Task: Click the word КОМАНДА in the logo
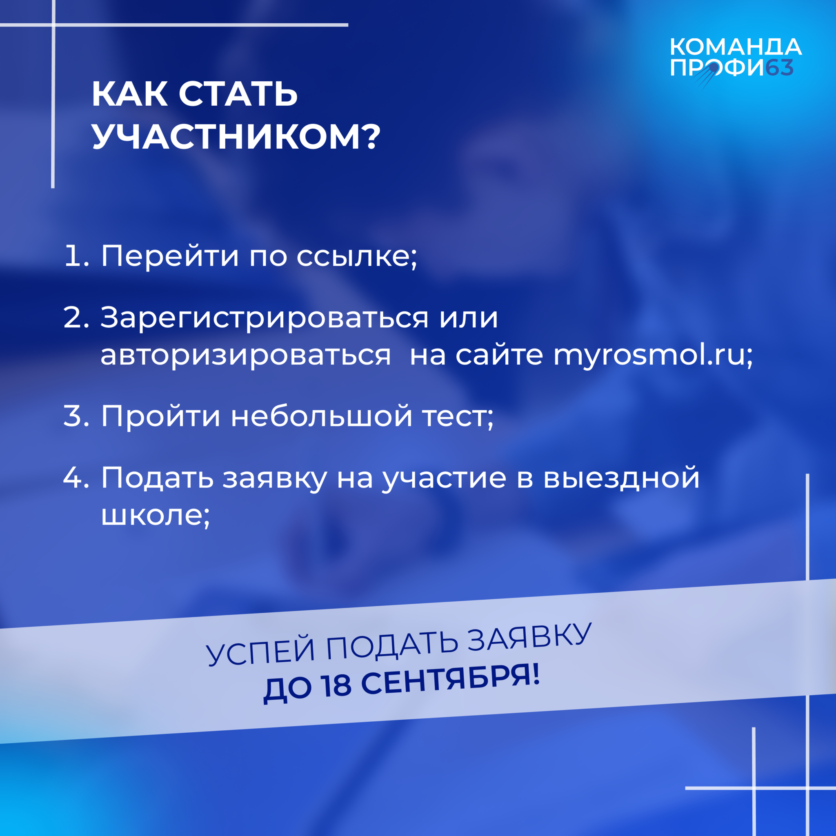click(736, 47)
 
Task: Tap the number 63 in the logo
click(779, 68)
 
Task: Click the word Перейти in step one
click(170, 257)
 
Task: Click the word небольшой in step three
click(322, 416)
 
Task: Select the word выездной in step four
click(621, 478)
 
